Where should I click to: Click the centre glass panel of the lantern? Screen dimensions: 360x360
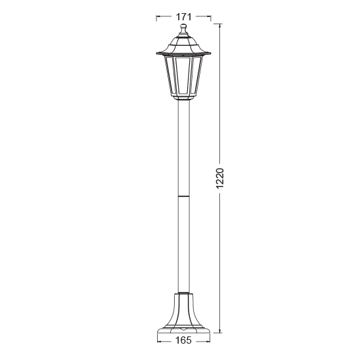184,76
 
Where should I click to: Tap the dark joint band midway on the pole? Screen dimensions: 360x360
184,194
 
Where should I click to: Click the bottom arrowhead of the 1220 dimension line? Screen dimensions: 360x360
220,331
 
